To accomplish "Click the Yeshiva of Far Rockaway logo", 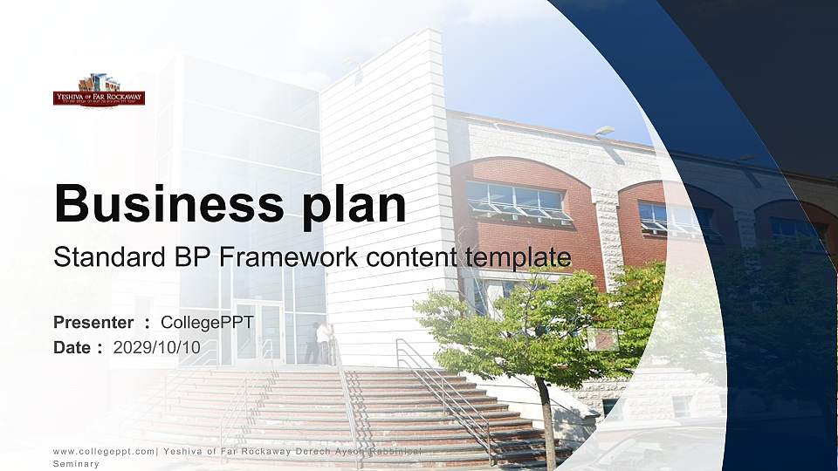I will pyautogui.click(x=99, y=91).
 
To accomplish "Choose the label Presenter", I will pyautogui.click(x=93, y=323).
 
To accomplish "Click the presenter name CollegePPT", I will pyautogui.click(x=207, y=323).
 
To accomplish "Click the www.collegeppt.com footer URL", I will pyautogui.click(x=103, y=451).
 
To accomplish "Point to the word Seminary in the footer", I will pyautogui.click(x=76, y=464).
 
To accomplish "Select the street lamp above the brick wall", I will pyautogui.click(x=603, y=131).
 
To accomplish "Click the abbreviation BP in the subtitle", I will pyautogui.click(x=189, y=257).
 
